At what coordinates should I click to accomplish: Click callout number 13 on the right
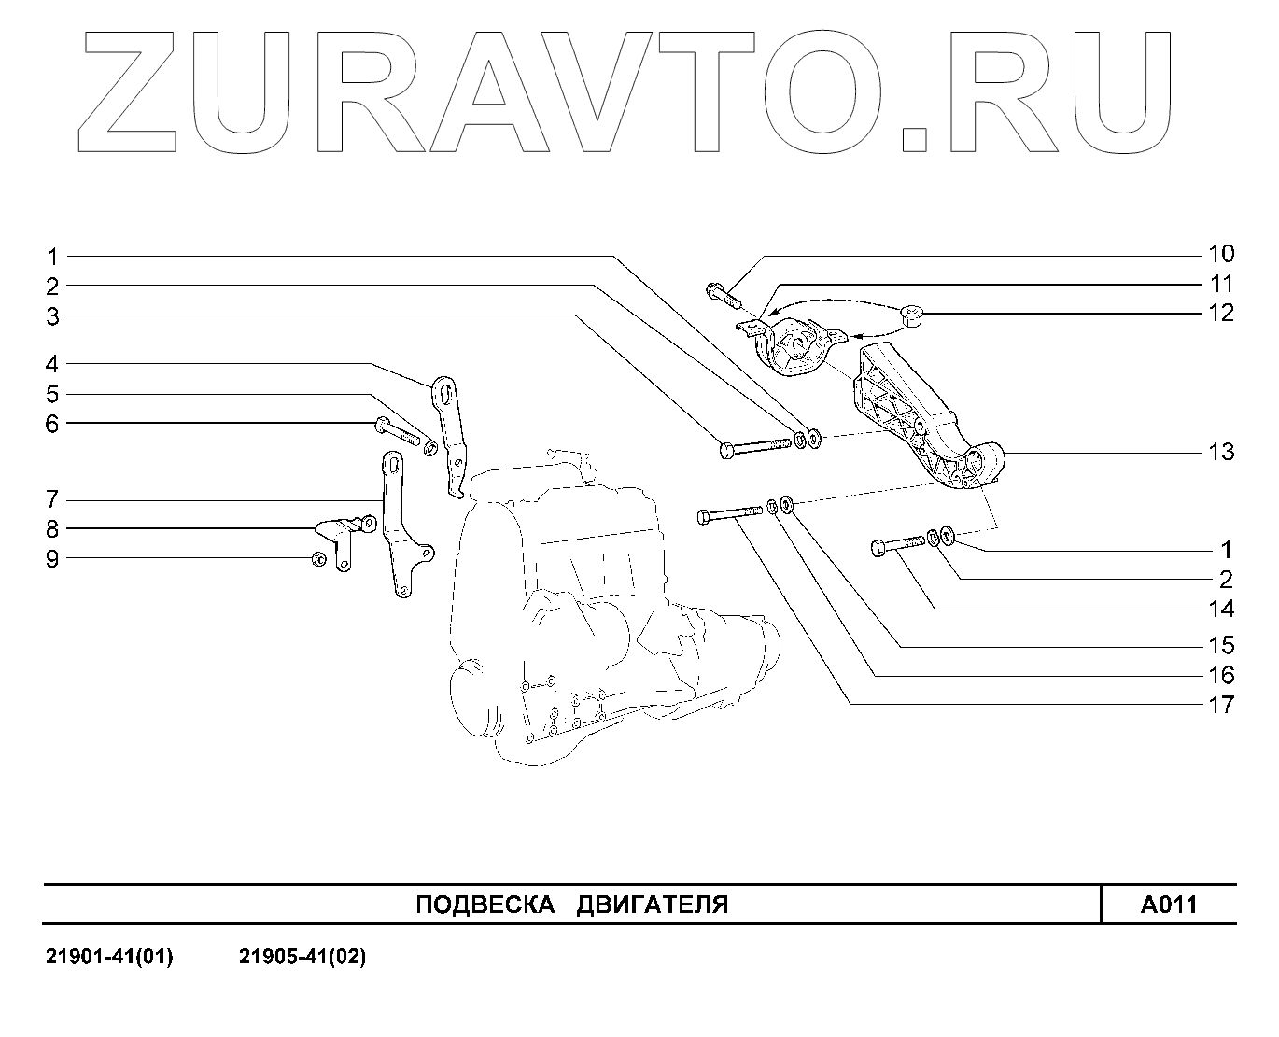click(1221, 453)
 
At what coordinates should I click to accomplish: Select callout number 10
click(1221, 254)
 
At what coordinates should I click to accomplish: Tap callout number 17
click(1221, 705)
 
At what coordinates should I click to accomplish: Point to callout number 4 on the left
click(53, 363)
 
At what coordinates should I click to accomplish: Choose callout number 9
click(53, 559)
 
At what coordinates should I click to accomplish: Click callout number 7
click(53, 499)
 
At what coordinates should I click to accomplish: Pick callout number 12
click(1221, 314)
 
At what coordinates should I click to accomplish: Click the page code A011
click(1168, 904)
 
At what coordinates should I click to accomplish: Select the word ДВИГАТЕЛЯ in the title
click(653, 904)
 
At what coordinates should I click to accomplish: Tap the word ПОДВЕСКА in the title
click(478, 904)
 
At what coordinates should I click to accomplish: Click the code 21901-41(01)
click(109, 958)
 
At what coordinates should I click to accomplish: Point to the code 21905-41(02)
click(302, 958)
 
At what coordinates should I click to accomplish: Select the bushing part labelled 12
click(912, 318)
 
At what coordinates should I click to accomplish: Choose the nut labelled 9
click(318, 559)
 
